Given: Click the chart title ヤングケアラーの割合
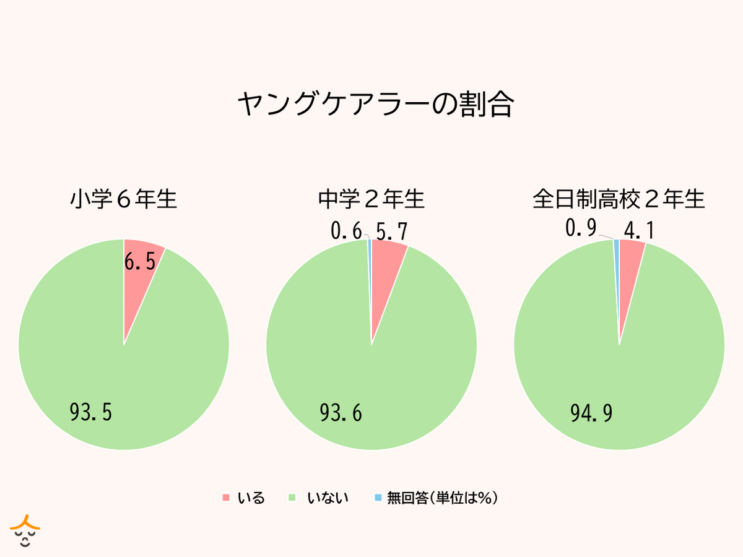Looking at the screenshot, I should point(375,105).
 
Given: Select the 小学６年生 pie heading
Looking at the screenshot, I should point(124,200).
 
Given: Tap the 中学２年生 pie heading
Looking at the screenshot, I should point(371,200).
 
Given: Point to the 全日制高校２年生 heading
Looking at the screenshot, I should point(619,200).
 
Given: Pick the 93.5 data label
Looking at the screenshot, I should point(90,413).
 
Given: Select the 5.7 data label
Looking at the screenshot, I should point(391,231).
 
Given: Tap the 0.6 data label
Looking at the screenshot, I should point(346,231).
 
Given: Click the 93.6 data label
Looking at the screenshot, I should point(341,413).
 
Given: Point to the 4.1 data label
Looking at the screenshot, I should point(639,231).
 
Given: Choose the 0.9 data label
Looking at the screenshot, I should point(581,229).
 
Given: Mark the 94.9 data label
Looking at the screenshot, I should point(591,413).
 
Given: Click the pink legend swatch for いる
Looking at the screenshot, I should point(226,498).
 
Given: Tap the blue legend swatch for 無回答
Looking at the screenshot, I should point(378,498).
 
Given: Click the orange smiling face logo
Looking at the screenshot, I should point(25,530).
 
